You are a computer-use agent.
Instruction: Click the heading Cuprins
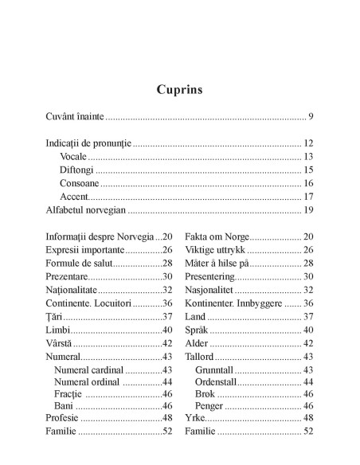coord(180,88)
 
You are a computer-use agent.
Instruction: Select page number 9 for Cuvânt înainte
coord(310,117)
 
